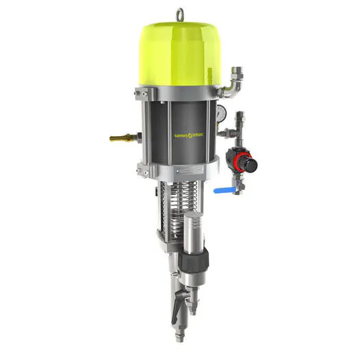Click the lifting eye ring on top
pyautogui.click(x=180, y=14)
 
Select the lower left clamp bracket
pyautogui.click(x=142, y=169)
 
